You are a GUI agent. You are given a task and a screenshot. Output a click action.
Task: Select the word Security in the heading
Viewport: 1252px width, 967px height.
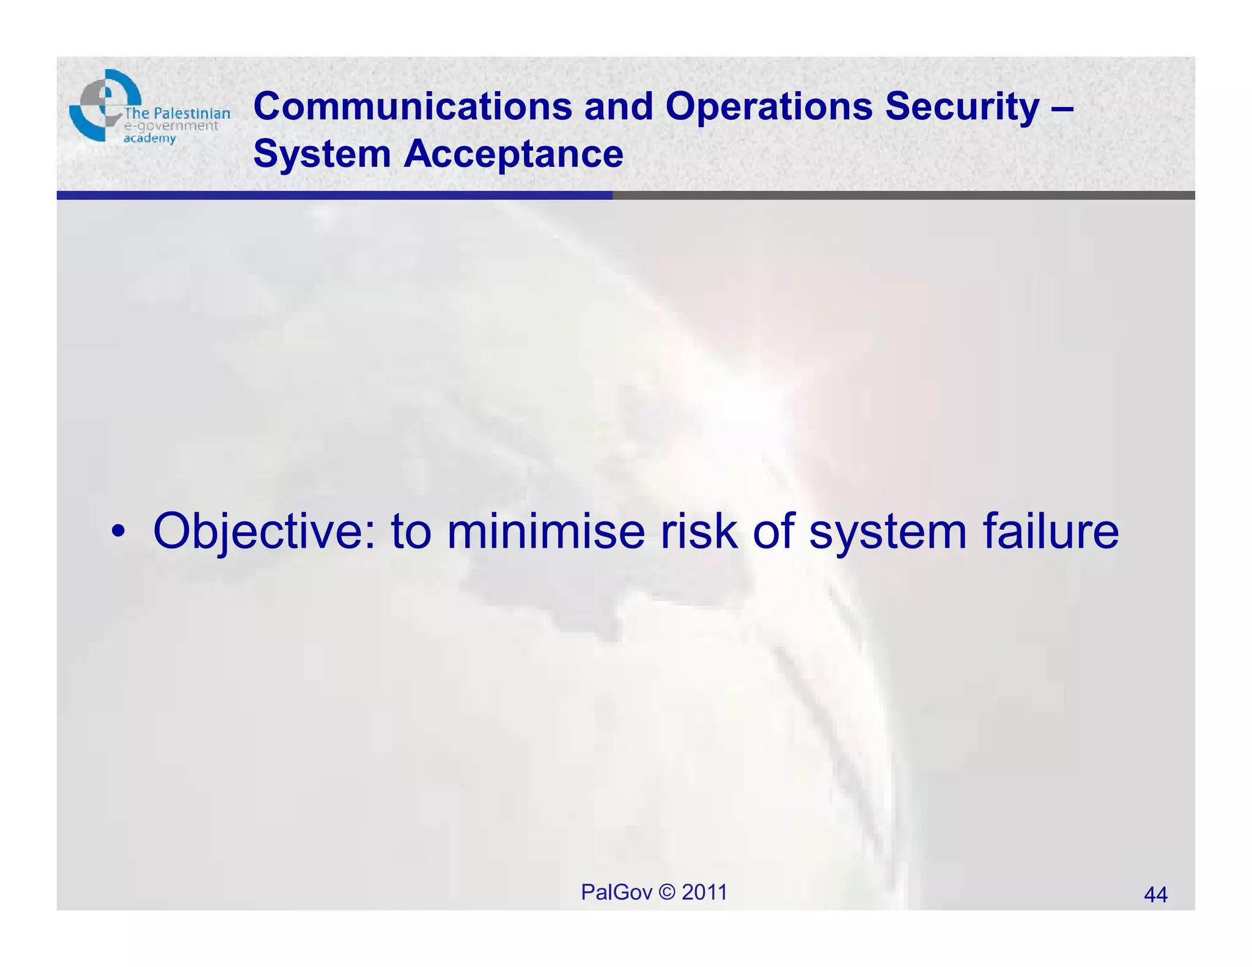click(x=962, y=106)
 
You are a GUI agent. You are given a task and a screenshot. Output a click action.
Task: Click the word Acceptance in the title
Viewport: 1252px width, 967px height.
click(x=514, y=153)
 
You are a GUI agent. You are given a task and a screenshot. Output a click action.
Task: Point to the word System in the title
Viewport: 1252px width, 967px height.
click(x=322, y=153)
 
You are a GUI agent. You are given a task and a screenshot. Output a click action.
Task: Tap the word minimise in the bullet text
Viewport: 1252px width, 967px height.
click(x=545, y=531)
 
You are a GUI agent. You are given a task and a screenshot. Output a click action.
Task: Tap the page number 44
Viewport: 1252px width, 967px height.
click(x=1155, y=895)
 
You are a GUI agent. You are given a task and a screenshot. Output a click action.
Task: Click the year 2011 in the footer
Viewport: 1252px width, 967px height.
click(x=704, y=892)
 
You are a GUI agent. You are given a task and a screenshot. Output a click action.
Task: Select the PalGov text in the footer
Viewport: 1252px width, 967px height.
click(x=616, y=892)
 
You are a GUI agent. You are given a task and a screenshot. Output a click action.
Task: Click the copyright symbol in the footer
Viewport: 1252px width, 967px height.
click(x=667, y=892)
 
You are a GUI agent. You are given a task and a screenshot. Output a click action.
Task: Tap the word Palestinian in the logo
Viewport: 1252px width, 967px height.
click(x=191, y=113)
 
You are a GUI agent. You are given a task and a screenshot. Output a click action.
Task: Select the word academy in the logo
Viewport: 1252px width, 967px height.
click(x=150, y=139)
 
